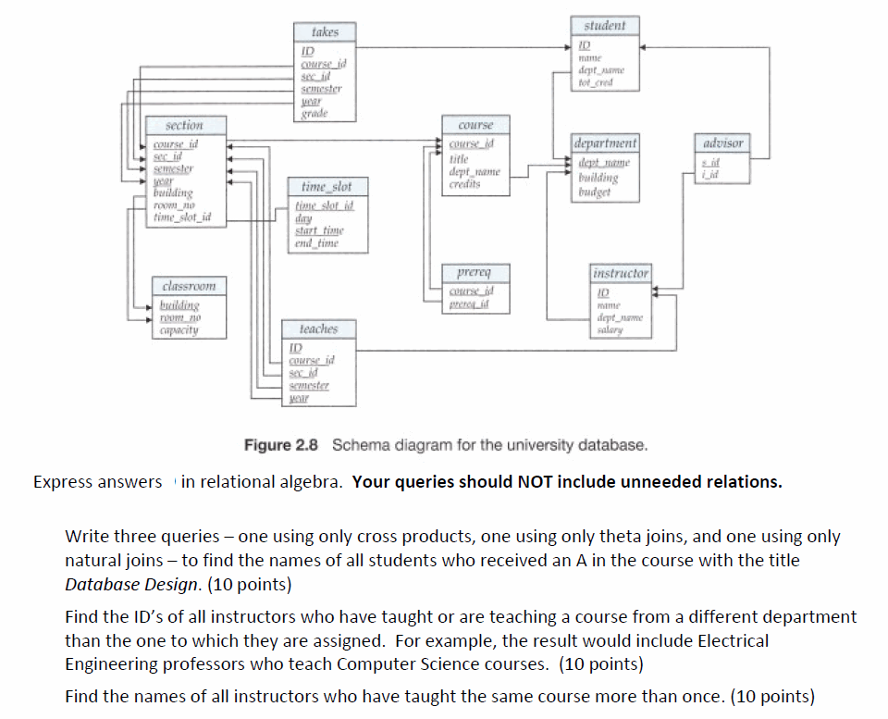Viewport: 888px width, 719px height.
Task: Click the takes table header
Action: pos(325,31)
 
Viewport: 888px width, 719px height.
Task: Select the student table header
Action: pos(604,25)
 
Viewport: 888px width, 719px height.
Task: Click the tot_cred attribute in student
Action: pos(597,83)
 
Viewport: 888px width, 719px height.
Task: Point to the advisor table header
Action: pos(722,143)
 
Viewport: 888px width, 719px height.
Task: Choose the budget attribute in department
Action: pos(595,192)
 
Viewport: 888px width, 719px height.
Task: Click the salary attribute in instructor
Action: pos(609,330)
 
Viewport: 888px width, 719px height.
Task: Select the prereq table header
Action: pos(474,273)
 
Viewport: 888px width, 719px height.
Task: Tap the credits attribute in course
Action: pos(464,184)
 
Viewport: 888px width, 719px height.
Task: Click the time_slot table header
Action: pos(327,187)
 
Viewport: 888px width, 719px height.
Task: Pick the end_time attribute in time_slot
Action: pos(316,243)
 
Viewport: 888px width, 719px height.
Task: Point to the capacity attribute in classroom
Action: pos(179,329)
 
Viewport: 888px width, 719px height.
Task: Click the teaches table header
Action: pos(318,329)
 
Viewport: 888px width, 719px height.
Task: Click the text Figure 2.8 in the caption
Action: pos(280,445)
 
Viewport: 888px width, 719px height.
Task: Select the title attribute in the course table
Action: pos(459,159)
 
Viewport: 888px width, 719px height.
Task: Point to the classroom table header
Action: pos(188,287)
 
